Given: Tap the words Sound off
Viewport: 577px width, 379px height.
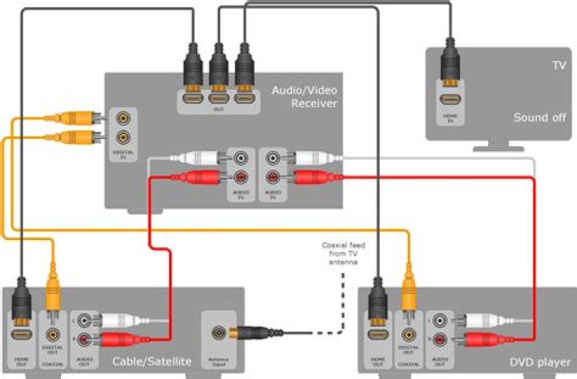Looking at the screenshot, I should tap(539, 117).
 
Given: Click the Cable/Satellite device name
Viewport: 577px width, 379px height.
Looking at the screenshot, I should tap(152, 362).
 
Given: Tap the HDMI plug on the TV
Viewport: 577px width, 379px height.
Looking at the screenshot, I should tap(452, 68).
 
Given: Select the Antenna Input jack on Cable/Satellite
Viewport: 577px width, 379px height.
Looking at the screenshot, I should tap(217, 331).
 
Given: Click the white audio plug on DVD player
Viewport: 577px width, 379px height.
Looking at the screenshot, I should tap(472, 320).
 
